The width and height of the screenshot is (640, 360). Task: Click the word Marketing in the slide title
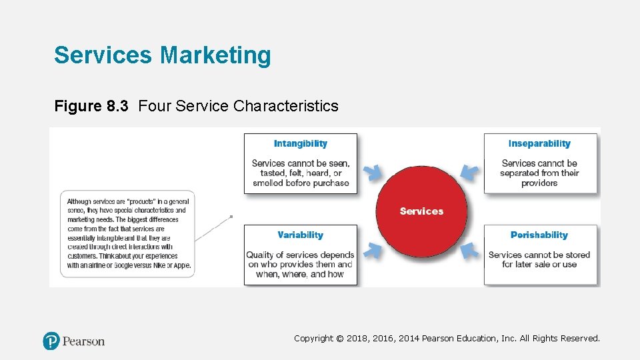(x=215, y=55)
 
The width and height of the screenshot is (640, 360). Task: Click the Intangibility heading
(x=300, y=143)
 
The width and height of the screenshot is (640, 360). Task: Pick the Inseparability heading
(x=539, y=143)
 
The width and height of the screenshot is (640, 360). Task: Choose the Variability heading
(x=300, y=235)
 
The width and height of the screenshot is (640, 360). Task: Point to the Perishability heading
(x=539, y=235)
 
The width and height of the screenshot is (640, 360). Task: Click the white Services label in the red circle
(x=421, y=211)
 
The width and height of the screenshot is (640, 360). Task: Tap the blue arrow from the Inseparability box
(x=469, y=172)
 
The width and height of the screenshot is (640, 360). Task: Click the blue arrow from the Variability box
(x=375, y=251)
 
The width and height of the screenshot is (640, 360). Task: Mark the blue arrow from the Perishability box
(x=471, y=251)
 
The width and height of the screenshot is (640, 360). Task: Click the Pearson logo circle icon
(x=51, y=341)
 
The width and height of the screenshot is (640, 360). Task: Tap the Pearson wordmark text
(x=83, y=341)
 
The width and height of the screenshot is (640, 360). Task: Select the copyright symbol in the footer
(x=340, y=339)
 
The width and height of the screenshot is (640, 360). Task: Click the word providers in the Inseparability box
(x=539, y=183)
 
